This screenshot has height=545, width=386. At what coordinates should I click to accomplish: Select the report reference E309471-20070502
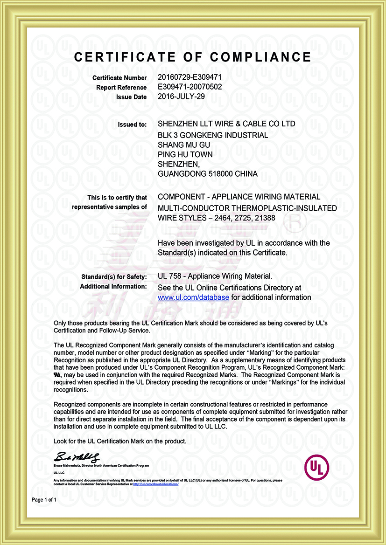pyautogui.click(x=189, y=87)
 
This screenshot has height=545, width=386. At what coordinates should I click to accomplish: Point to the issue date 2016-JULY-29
pyautogui.click(x=181, y=97)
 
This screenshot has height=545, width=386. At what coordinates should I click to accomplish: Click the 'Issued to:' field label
pyautogui.click(x=133, y=124)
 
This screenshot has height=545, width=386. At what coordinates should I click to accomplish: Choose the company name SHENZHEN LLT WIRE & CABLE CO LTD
pyautogui.click(x=226, y=124)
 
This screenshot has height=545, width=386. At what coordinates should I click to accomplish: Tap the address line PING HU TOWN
pyautogui.click(x=185, y=154)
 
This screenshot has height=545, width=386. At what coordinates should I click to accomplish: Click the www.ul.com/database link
pyautogui.click(x=193, y=297)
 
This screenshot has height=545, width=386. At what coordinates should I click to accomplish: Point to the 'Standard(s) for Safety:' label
pyautogui.click(x=113, y=277)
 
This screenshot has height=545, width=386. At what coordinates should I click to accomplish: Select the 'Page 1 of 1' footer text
pyautogui.click(x=44, y=500)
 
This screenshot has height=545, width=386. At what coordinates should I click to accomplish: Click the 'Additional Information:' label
pyautogui.click(x=113, y=286)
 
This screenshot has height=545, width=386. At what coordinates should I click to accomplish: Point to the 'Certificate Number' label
pyautogui.click(x=119, y=78)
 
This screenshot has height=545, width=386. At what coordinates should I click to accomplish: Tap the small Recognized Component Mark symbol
pyautogui.click(x=57, y=374)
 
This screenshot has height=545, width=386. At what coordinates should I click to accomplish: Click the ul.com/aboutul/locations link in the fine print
pyautogui.click(x=156, y=484)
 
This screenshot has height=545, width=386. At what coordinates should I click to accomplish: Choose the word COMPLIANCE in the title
pyautogui.click(x=260, y=57)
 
